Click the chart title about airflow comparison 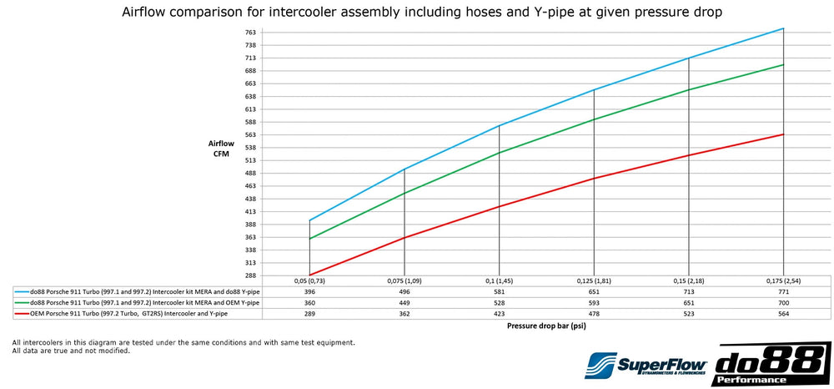[x=416, y=13]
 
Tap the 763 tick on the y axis [x=250, y=33]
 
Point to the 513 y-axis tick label [x=250, y=160]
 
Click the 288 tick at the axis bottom [x=250, y=275]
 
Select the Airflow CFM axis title [x=221, y=148]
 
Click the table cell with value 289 [x=309, y=314]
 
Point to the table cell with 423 [x=499, y=314]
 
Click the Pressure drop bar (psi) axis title [x=546, y=327]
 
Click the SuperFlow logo [x=647, y=364]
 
